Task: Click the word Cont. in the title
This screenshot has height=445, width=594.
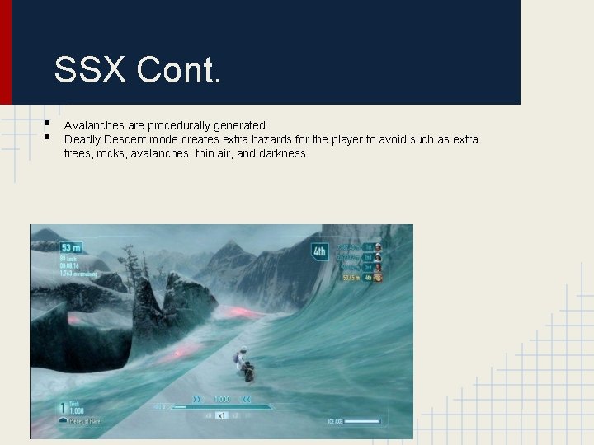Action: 180,71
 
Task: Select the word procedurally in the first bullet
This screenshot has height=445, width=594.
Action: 179,126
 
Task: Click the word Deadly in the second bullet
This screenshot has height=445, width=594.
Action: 82,139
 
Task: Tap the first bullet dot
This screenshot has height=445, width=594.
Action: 46,124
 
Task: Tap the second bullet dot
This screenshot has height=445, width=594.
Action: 46,138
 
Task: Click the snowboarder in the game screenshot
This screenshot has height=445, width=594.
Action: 243,364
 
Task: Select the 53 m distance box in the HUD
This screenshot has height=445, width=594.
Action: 70,247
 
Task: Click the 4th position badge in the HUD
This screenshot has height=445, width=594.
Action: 319,251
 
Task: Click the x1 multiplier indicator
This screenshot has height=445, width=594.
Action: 221,416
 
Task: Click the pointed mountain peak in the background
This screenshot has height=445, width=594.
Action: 232,247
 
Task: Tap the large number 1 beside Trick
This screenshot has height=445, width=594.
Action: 62,407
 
